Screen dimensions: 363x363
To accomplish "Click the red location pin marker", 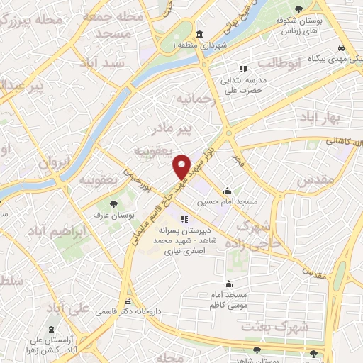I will pyautogui.click(x=182, y=167).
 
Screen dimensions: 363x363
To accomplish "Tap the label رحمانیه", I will pyautogui.click(x=196, y=97).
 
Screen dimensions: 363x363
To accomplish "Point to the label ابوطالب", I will pyautogui.click(x=301, y=65).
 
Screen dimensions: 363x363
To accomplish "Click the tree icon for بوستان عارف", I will pyautogui.click(x=114, y=204).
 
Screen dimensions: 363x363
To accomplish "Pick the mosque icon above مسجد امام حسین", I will pyautogui.click(x=227, y=191).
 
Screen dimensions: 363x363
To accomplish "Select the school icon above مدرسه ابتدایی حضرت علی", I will pyautogui.click(x=243, y=69).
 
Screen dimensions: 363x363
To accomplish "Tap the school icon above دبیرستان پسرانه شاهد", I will pyautogui.click(x=184, y=219).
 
